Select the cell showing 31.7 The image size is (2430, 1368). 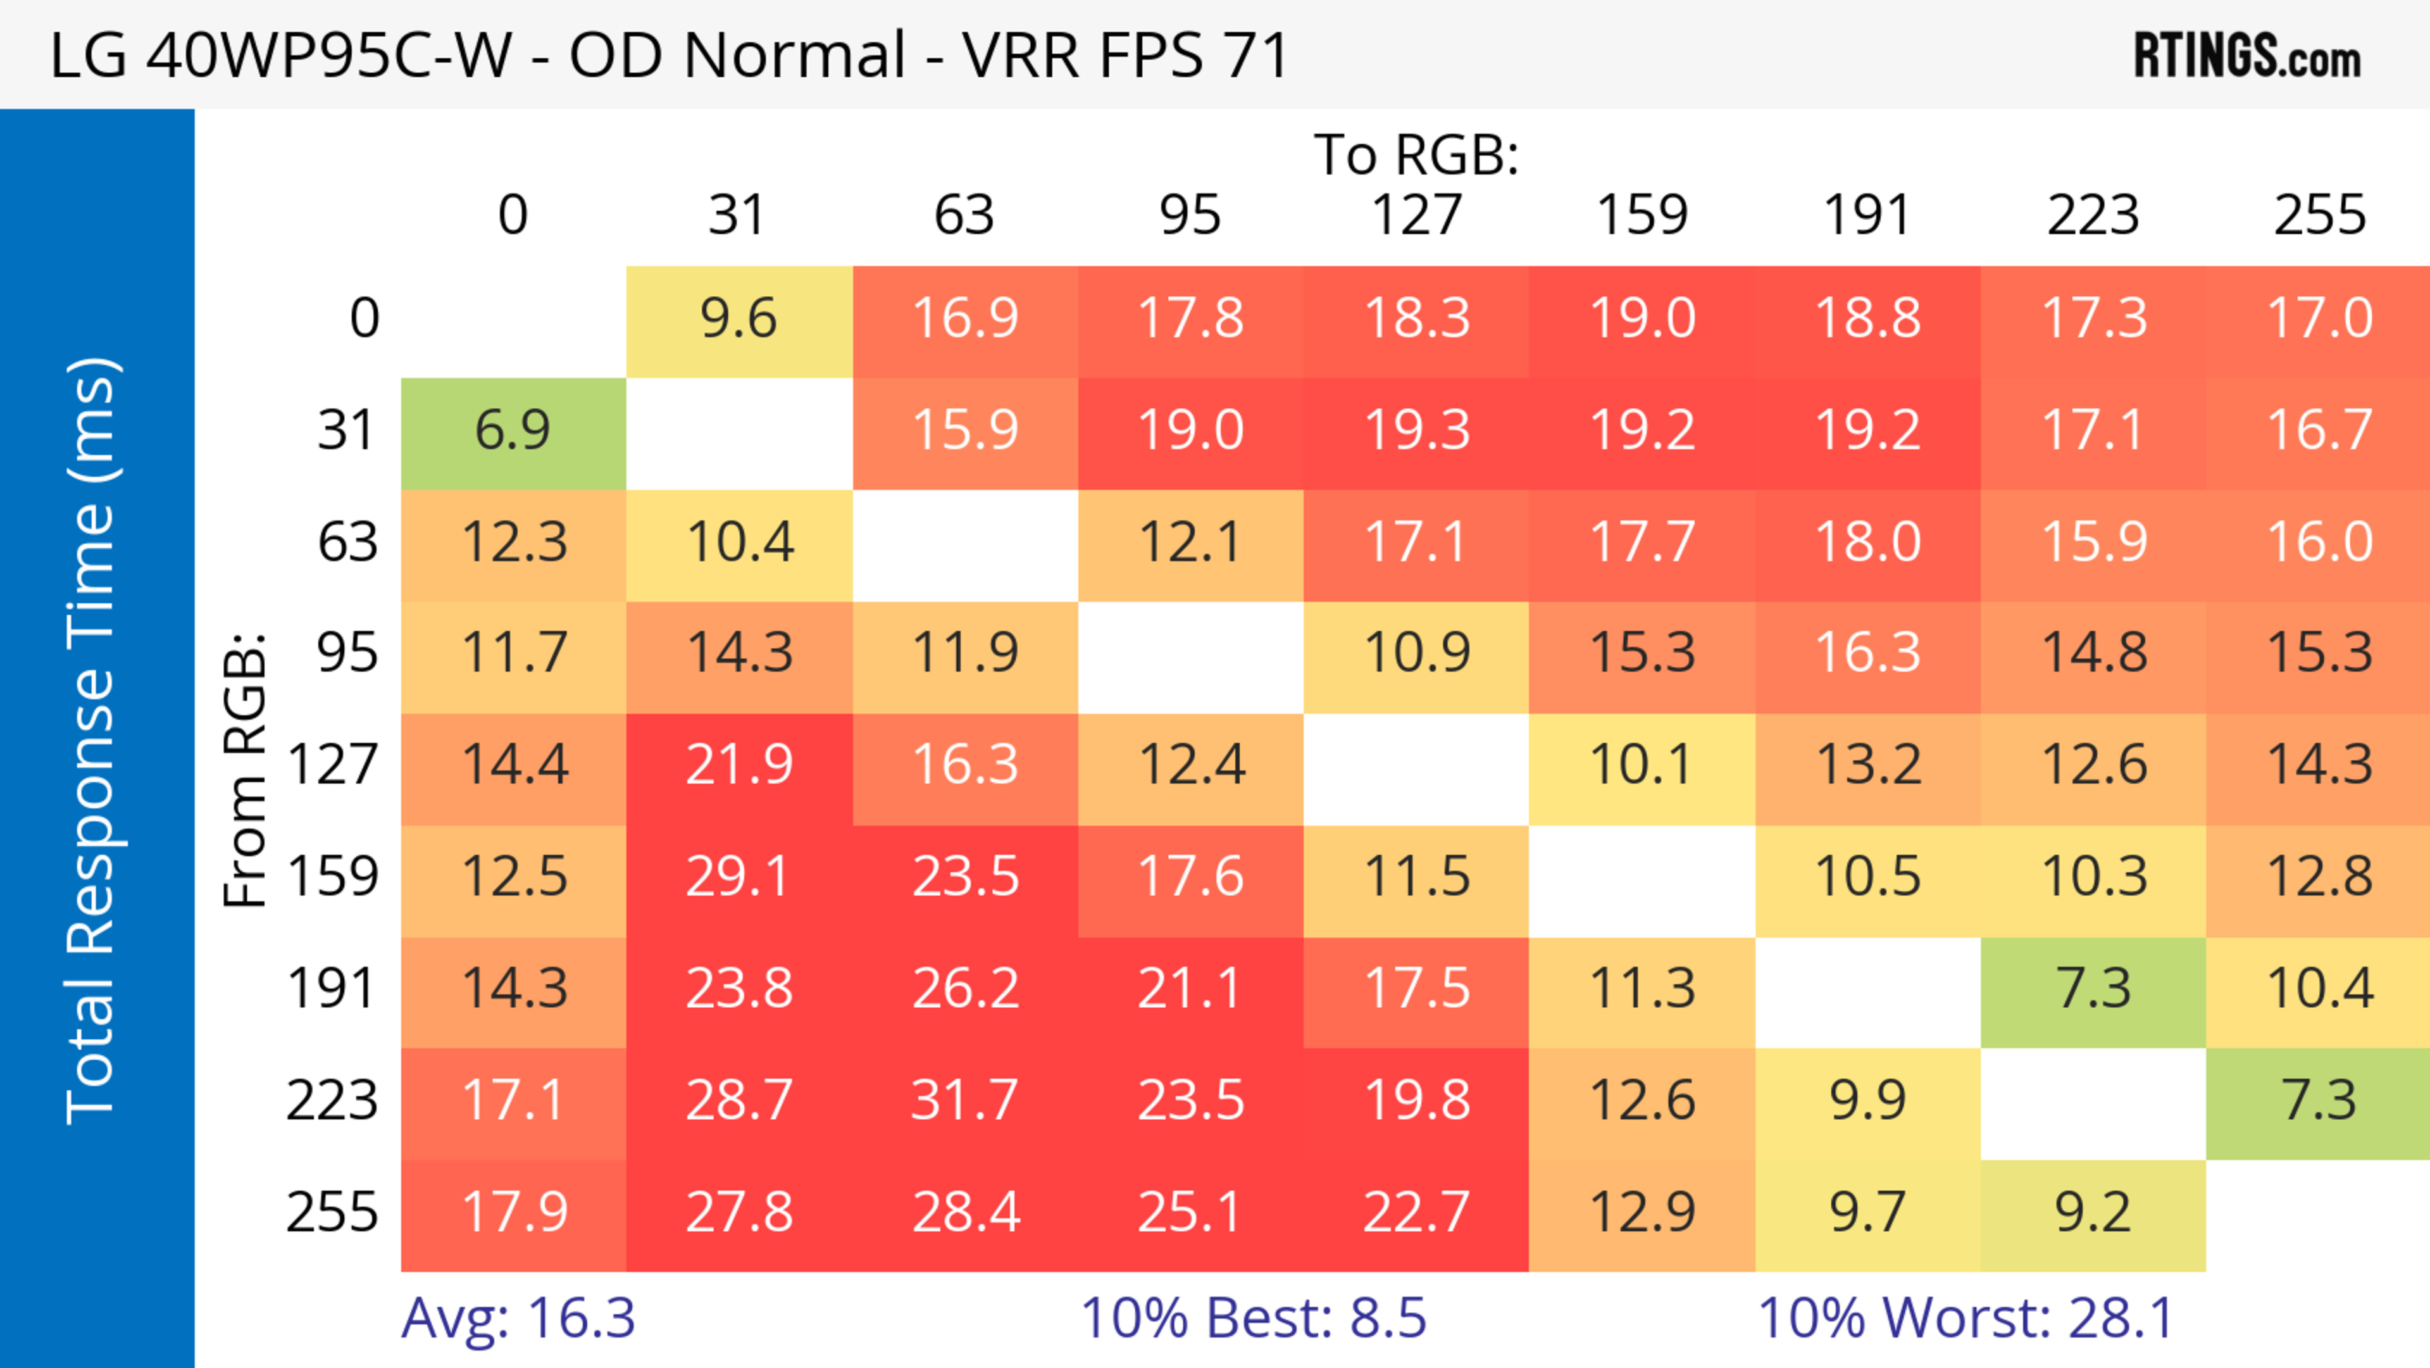965,1100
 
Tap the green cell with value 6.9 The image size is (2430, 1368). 513,430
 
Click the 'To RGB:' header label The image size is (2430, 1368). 1416,154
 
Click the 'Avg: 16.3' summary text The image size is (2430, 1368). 518,1317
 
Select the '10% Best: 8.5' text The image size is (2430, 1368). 1253,1317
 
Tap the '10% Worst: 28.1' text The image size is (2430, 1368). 1966,1317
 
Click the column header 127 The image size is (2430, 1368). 1416,215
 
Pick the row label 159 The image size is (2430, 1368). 332,877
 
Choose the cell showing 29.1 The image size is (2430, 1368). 738,877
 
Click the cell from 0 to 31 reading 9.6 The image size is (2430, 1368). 738,318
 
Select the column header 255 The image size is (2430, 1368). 2320,215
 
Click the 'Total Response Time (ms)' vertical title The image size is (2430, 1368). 92,741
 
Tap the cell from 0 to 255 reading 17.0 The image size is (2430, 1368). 2320,318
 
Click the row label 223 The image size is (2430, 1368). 332,1100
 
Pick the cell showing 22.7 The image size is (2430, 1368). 1416,1212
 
